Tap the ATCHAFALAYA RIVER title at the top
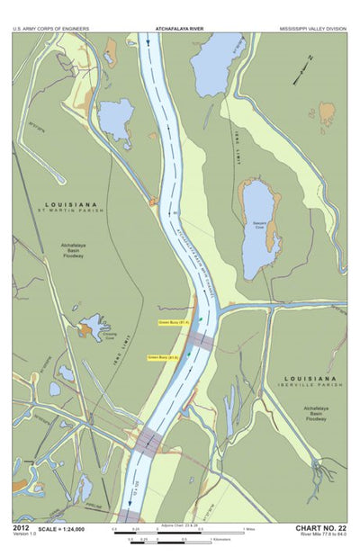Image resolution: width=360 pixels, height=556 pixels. click(180, 29)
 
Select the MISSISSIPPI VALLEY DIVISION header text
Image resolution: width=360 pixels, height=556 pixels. click(309, 29)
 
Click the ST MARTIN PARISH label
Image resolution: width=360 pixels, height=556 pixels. click(71, 211)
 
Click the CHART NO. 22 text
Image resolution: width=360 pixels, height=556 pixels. click(320, 527)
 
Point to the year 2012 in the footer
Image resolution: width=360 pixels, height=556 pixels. click(22, 527)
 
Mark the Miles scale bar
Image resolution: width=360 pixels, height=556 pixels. click(180, 531)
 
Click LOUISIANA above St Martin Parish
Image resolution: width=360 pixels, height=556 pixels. click(71, 204)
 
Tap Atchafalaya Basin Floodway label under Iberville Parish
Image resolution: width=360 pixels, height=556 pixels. click(314, 413)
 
